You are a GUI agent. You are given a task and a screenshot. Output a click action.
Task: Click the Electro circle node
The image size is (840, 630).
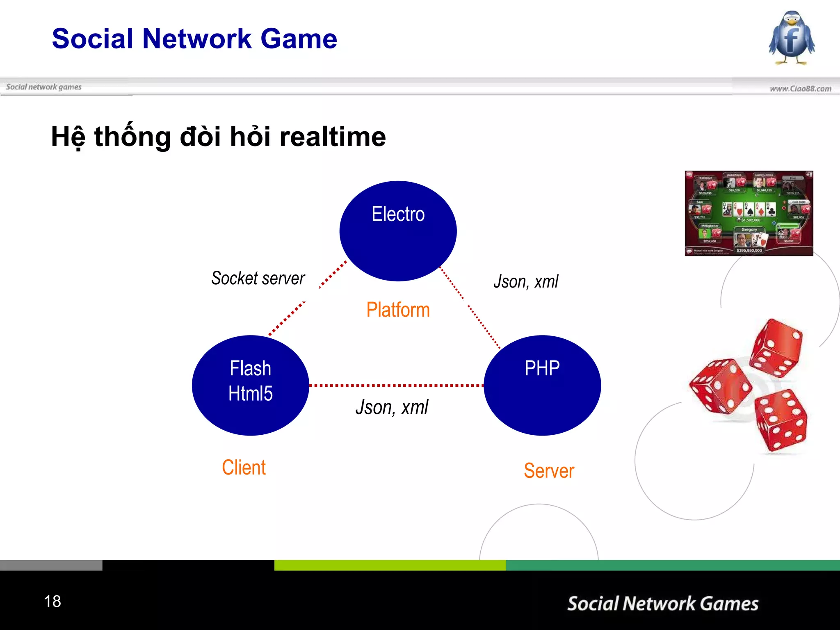coord(398,231)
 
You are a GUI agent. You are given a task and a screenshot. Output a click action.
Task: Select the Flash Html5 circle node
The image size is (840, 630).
coord(250,385)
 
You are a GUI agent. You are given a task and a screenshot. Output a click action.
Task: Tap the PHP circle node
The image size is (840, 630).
coord(542,385)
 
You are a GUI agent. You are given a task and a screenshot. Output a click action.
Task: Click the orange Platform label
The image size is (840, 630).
coord(398,310)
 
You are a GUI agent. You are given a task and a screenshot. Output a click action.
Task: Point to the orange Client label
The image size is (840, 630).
coord(244,468)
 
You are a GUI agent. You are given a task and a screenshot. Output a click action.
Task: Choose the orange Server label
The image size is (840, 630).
coord(549,470)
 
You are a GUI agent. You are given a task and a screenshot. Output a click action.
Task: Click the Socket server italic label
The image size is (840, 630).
coord(258,278)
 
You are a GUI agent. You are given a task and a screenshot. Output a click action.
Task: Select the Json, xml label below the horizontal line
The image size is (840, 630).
coord(392,407)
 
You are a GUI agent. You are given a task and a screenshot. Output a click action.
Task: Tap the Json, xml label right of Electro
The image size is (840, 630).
coord(526,282)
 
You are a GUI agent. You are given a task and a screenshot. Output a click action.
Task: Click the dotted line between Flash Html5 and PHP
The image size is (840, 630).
coord(396,386)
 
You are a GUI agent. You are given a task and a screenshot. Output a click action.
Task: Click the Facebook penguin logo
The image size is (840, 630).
coord(791,38)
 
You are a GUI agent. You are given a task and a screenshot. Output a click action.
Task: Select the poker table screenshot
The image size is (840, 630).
coord(749,213)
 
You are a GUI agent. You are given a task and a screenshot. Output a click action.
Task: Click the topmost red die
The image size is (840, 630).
coord(776,348)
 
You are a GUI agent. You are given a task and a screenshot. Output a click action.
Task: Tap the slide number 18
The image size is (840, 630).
coord(52,601)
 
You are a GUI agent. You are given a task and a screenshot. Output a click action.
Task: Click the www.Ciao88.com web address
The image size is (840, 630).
coord(800,89)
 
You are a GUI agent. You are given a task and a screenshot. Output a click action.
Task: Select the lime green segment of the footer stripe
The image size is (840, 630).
coord(390,565)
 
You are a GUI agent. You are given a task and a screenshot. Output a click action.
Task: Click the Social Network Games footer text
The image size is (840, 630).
coord(662,604)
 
